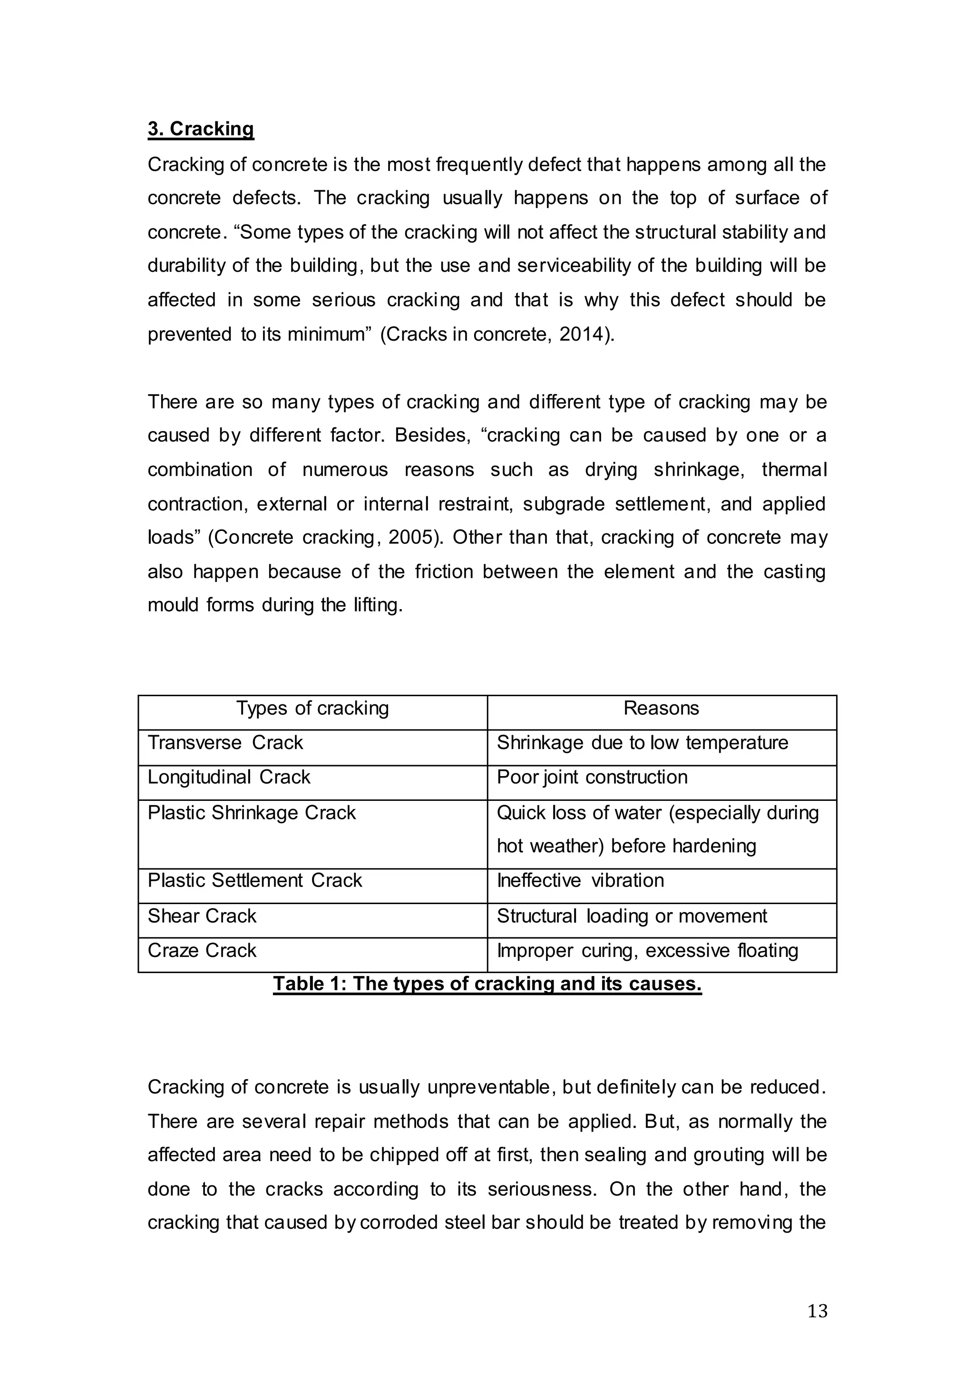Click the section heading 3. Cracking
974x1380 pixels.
[x=201, y=128]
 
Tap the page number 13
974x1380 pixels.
[x=817, y=1311]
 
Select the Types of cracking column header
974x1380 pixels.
[x=312, y=708]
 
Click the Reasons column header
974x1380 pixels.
[x=661, y=708]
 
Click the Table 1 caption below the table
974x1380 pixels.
[x=487, y=984]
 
